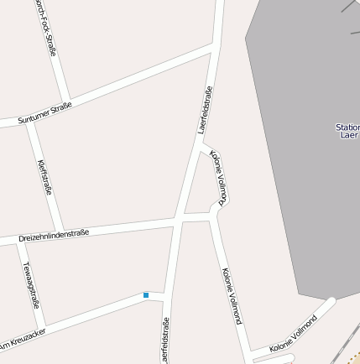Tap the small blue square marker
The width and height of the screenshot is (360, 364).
point(146,294)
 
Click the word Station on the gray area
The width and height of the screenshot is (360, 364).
point(347,127)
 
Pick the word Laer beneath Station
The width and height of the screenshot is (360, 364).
point(349,136)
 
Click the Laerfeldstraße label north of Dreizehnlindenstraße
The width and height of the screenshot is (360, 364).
point(205,110)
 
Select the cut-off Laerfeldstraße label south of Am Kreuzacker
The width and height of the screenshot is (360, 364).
point(165,342)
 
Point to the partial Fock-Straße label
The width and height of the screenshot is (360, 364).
point(46,29)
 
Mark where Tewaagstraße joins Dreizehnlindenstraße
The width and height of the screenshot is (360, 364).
point(19,241)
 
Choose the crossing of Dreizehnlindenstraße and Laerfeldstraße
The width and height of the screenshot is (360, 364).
point(178,218)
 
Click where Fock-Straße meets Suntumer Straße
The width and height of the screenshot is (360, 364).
point(67,97)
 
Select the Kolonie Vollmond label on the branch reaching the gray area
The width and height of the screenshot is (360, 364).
point(293,334)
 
